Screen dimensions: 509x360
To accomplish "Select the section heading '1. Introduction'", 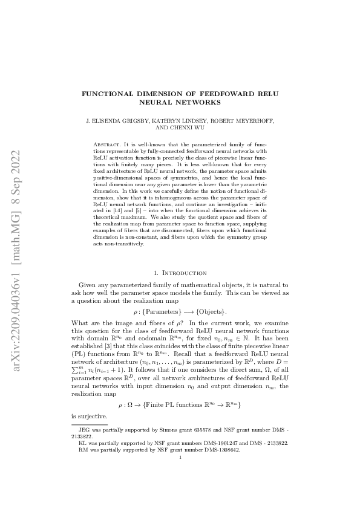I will point(180,273).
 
